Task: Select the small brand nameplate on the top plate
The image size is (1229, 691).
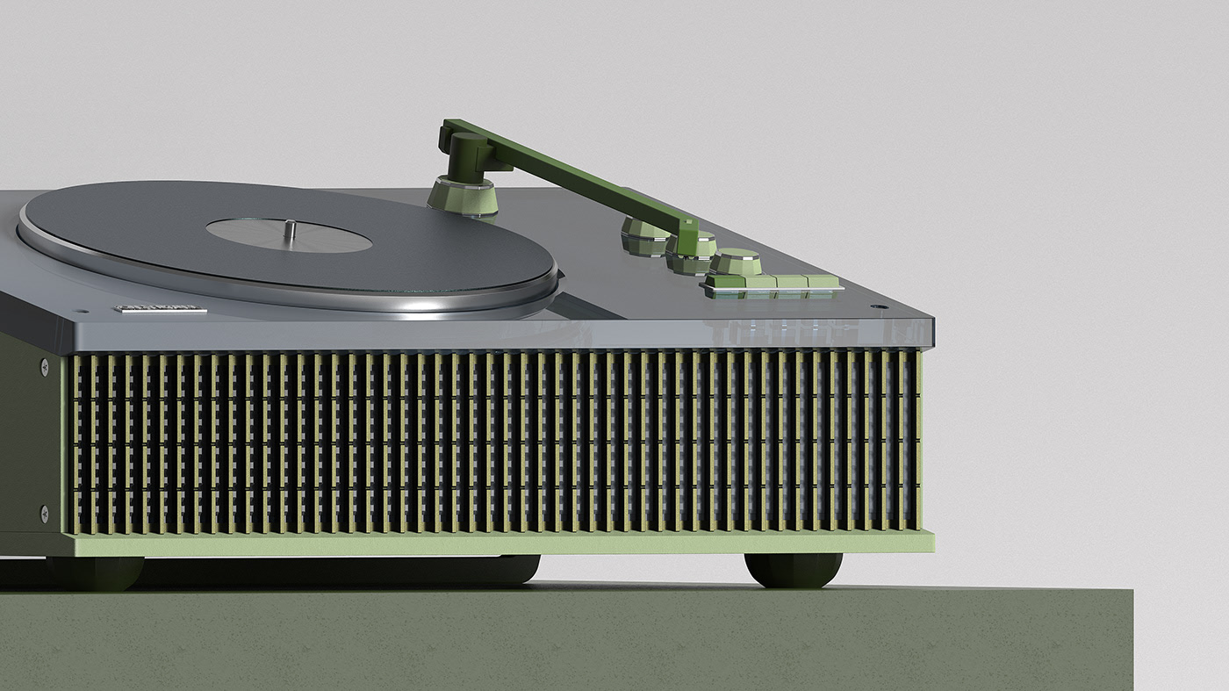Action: tap(161, 308)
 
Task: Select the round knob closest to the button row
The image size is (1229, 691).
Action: tap(736, 263)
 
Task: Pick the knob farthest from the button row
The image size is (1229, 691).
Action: tap(645, 237)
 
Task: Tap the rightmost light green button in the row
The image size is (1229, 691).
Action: tap(823, 282)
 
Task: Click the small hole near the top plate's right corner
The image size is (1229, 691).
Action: tap(874, 307)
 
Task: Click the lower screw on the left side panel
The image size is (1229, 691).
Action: tap(44, 511)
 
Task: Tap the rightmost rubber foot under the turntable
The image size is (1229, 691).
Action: tap(793, 570)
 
